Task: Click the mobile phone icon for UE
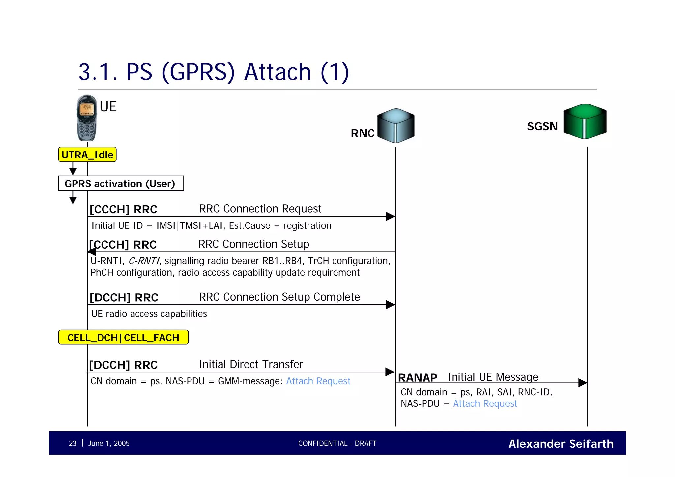tap(87, 118)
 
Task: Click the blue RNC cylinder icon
tap(396, 126)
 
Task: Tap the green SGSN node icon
tap(585, 121)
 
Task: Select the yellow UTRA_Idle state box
tap(87, 155)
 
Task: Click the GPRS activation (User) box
tap(121, 183)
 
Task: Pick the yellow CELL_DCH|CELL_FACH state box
tap(123, 337)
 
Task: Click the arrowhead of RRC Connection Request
tap(391, 217)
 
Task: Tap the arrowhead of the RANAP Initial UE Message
tap(583, 383)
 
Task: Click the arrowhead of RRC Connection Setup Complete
tap(391, 305)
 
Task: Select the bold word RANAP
tap(417, 378)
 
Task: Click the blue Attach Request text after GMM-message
tap(318, 381)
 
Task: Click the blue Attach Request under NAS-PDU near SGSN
tap(485, 403)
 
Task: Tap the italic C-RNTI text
tap(144, 261)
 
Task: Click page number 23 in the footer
tap(73, 443)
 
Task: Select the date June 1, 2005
tap(109, 443)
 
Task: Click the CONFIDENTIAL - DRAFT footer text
tap(337, 443)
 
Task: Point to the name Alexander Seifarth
tap(561, 444)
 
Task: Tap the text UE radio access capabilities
tap(149, 314)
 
